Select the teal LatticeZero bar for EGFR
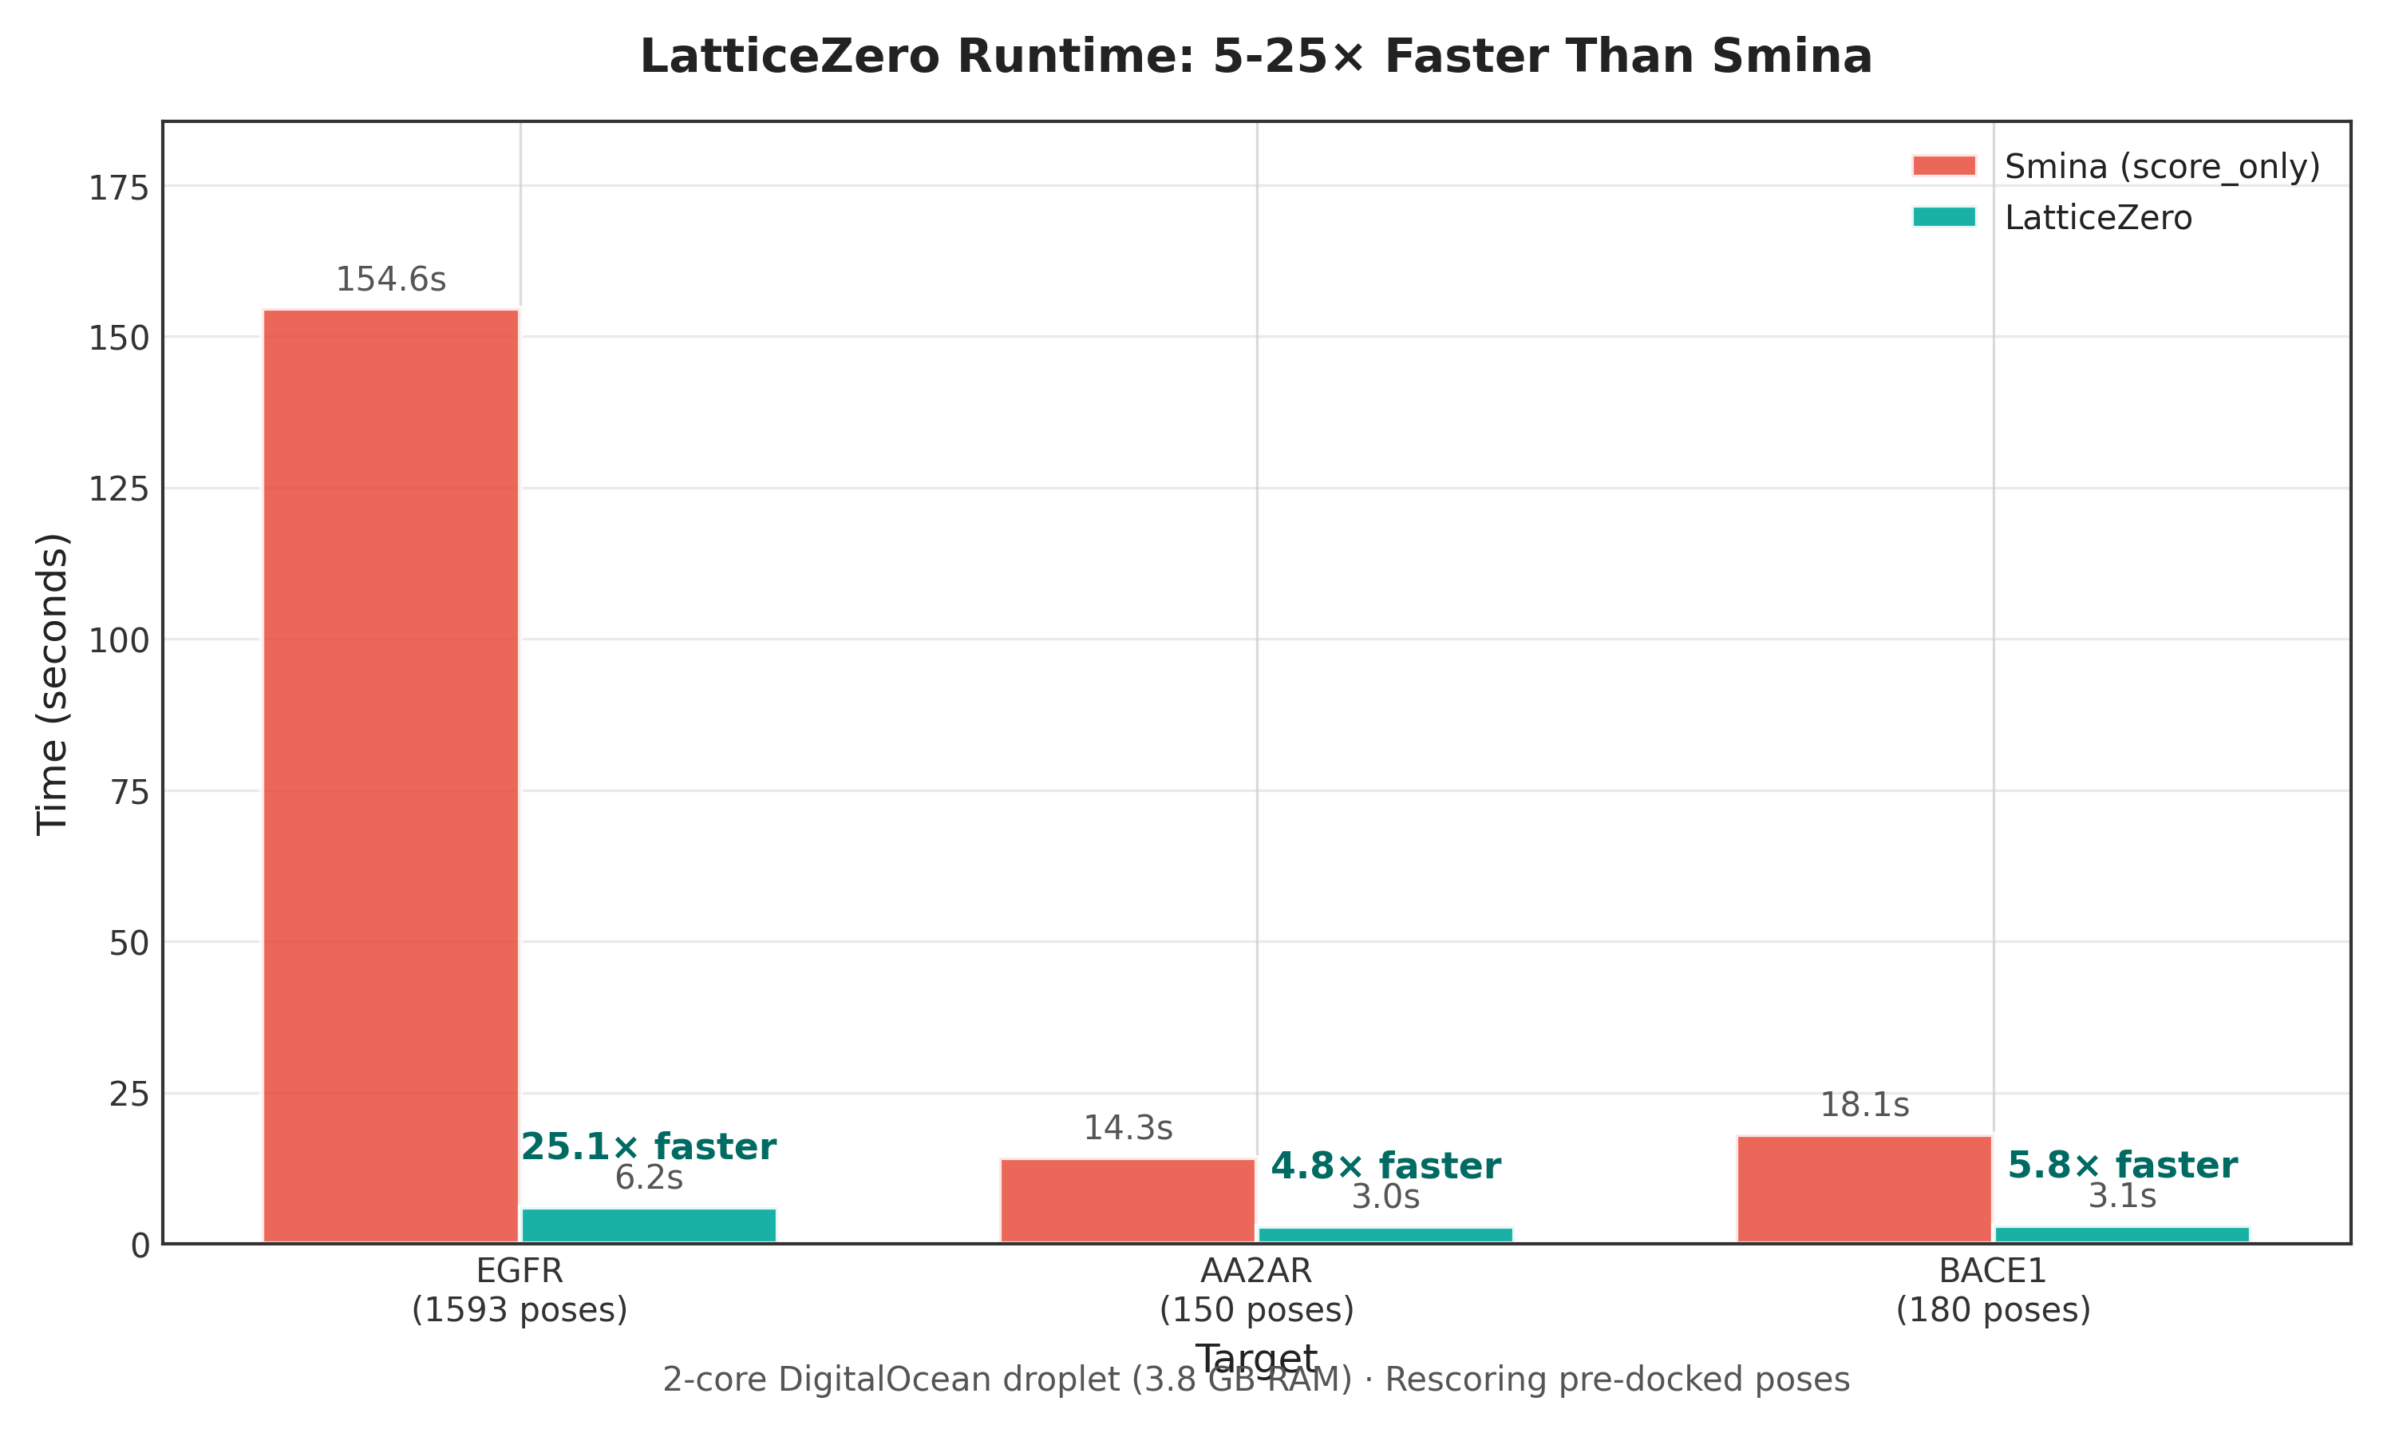tap(649, 1225)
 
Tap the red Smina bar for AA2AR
tap(1128, 1200)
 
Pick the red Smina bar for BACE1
tap(1863, 1189)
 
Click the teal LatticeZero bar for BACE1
tap(2121, 1234)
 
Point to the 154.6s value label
tap(391, 280)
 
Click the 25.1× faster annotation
tap(649, 1147)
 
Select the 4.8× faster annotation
tap(1385, 1166)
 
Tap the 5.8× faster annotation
tap(2121, 1166)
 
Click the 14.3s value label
tap(1128, 1128)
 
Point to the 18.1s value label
tap(1863, 1105)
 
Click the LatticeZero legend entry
tap(2097, 218)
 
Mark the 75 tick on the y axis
tap(128, 793)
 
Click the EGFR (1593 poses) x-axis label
tap(520, 1290)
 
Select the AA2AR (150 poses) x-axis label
tap(1256, 1290)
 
